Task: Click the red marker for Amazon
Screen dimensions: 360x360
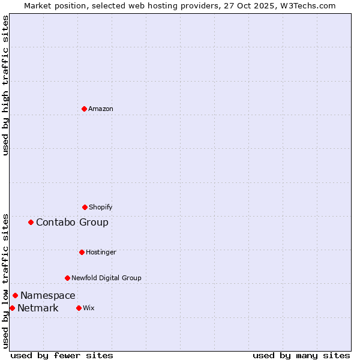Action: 84,109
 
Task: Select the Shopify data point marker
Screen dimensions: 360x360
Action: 85,207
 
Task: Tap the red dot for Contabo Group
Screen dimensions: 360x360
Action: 31,222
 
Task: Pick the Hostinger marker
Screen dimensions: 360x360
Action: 82,252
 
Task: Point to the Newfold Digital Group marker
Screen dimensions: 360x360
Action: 67,278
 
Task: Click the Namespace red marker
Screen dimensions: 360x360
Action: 15,295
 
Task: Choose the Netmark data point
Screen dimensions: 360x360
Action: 12,308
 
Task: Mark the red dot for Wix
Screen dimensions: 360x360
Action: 79,308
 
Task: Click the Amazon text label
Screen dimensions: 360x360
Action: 101,109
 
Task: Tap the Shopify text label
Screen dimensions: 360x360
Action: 101,207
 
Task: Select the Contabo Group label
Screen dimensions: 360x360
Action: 72,222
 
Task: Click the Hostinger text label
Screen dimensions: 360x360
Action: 101,252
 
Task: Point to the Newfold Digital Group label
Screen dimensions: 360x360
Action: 106,278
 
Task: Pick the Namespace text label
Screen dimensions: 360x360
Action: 48,295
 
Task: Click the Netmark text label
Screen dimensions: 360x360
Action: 38,308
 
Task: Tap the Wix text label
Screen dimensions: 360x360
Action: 89,308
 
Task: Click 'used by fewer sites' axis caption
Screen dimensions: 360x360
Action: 62,355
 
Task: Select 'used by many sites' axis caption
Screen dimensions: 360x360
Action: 301,355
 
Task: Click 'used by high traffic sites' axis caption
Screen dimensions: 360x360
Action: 5,85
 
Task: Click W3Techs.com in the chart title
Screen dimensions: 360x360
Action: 305,5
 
